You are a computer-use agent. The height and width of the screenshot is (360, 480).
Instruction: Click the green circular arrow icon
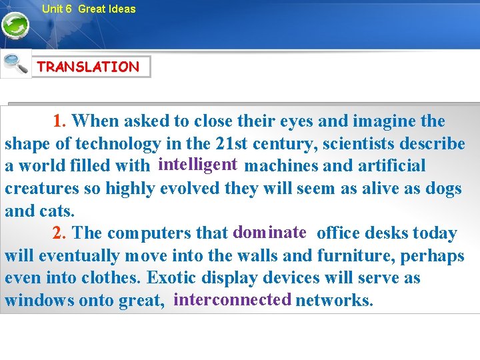coord(15,27)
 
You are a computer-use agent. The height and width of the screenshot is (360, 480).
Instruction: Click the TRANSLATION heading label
coord(89,67)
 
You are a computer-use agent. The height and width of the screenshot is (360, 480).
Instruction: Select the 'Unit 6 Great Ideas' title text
coord(88,9)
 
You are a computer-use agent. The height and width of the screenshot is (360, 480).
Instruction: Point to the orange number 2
coord(59,233)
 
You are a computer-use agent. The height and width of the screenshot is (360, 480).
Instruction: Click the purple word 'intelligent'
coord(198,164)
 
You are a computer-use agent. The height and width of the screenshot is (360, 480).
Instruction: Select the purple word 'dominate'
coord(269,232)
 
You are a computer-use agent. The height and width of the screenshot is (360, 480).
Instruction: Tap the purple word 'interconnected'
coord(232,299)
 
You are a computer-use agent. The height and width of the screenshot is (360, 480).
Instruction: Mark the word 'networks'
coord(333,301)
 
